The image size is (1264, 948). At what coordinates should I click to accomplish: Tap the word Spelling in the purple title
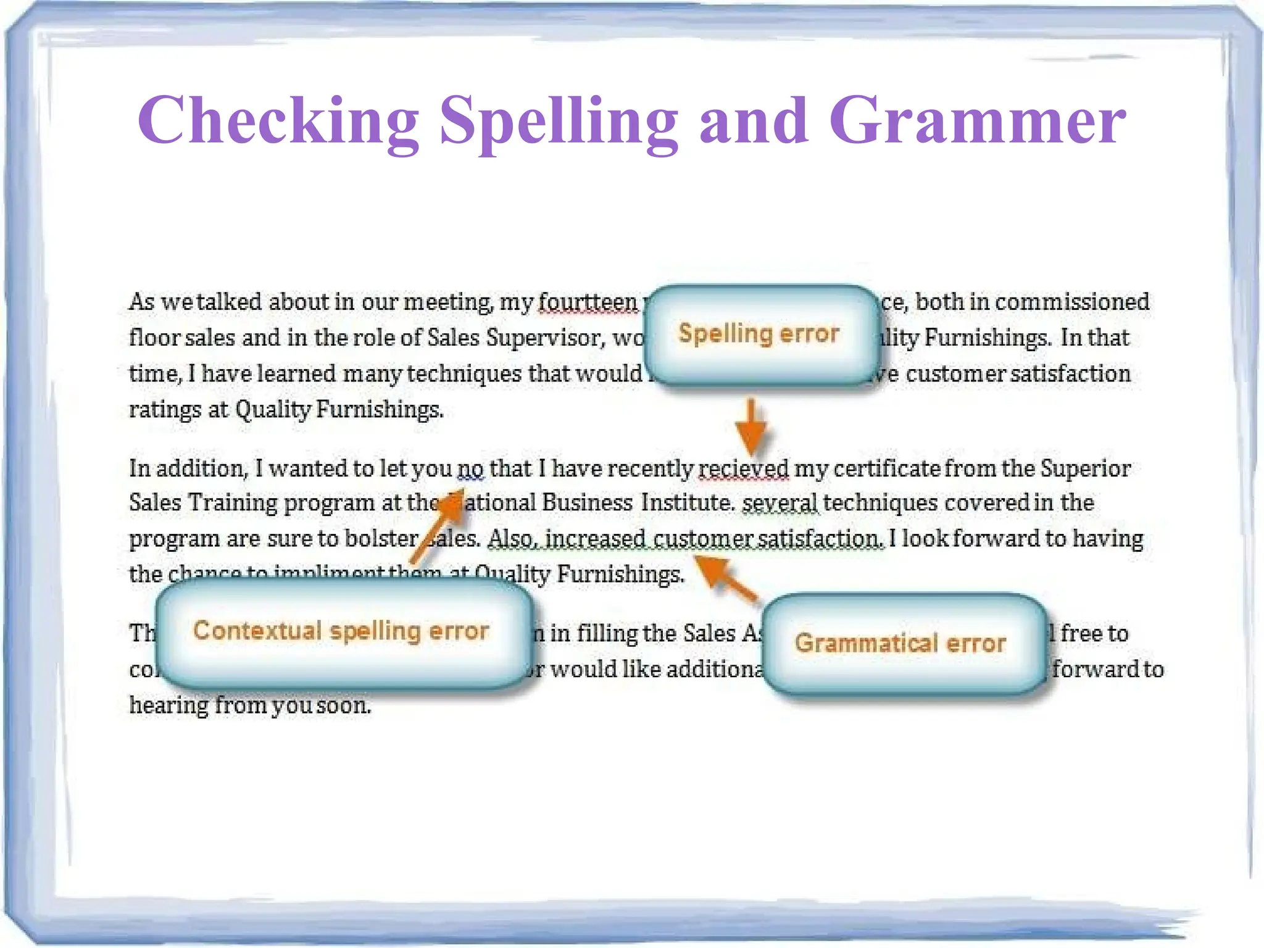point(559,122)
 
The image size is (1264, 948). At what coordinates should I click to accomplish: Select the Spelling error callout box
point(761,334)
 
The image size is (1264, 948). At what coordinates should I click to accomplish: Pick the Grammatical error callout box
point(902,644)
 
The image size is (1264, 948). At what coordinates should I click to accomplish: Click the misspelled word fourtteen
point(587,302)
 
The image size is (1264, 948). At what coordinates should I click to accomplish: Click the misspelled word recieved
point(743,468)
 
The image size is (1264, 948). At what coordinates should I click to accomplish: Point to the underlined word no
point(470,468)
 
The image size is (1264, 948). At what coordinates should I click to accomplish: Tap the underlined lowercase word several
point(780,503)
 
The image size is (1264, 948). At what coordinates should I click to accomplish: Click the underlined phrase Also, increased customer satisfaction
point(684,539)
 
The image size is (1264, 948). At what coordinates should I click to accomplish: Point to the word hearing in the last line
point(168,705)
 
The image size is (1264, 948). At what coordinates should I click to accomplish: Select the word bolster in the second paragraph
point(381,539)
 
